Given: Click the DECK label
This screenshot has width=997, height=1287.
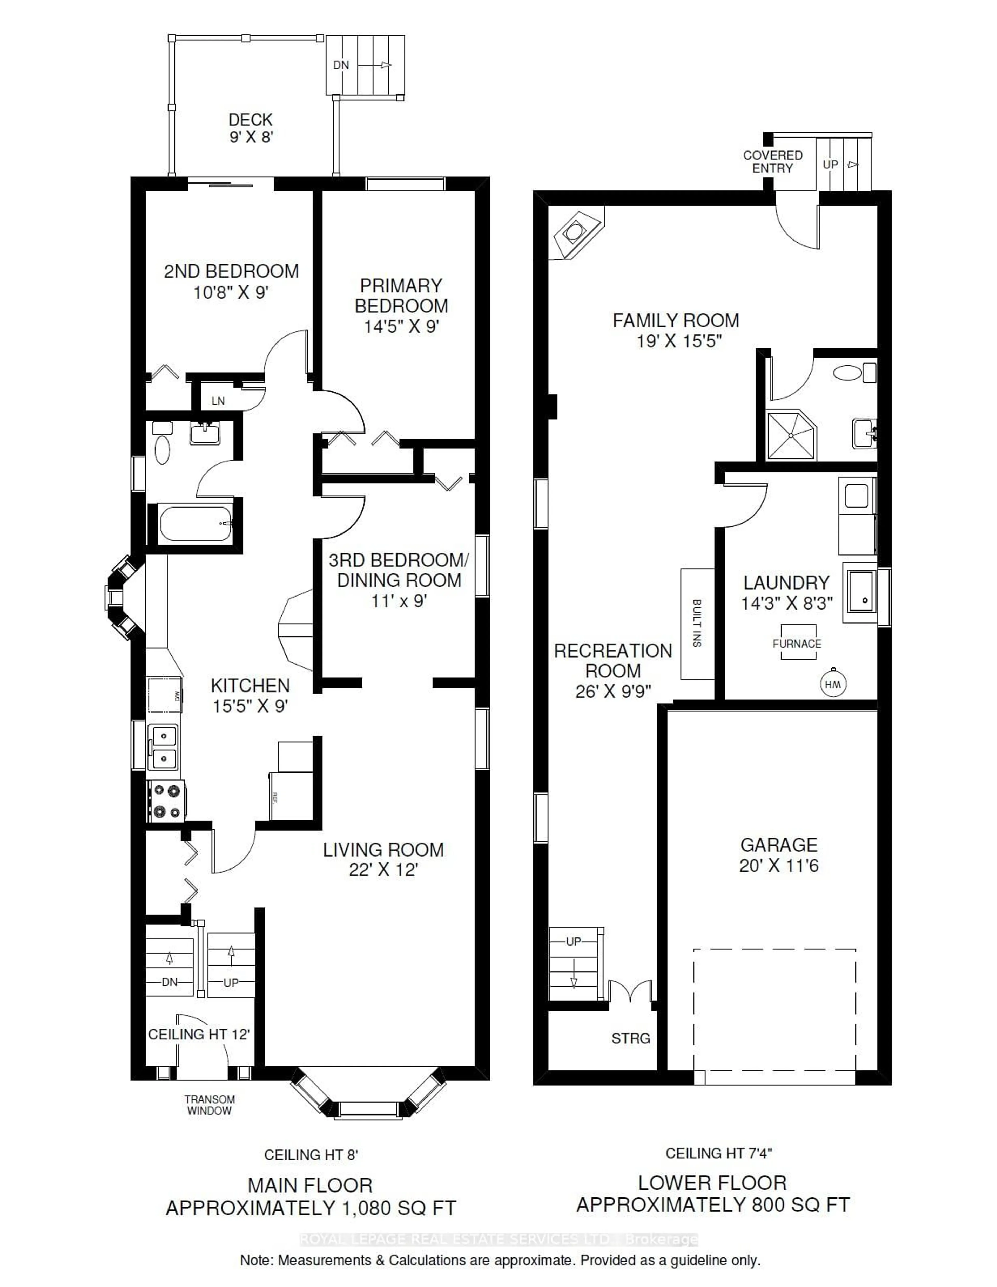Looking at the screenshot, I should tap(251, 120).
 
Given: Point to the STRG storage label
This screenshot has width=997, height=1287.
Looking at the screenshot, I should tap(630, 1038).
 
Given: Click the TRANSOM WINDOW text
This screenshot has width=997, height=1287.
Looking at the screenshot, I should tap(209, 1105).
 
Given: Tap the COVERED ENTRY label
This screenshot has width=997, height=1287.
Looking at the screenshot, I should tap(772, 161).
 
